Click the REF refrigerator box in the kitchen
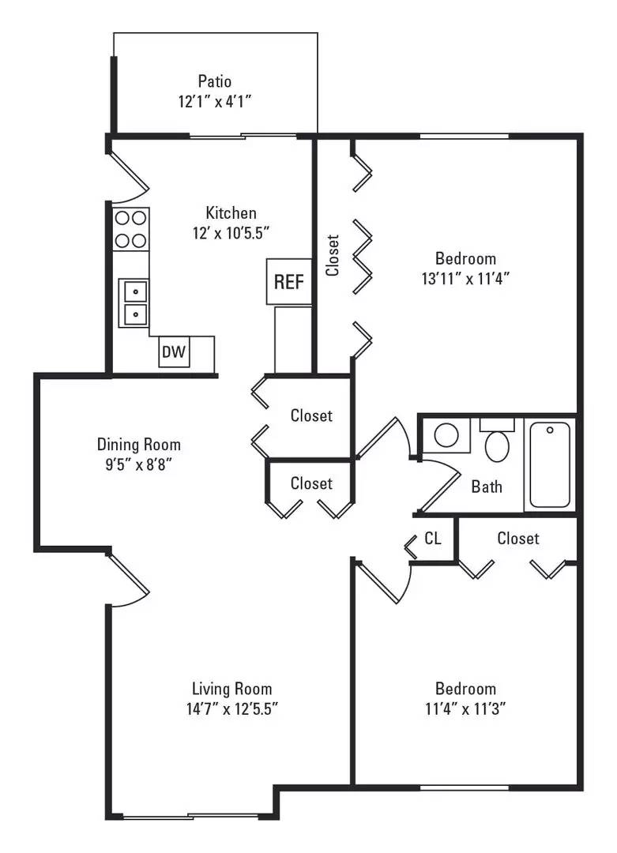[x=288, y=281]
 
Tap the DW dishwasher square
[x=173, y=352]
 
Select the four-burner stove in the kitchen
[x=131, y=228]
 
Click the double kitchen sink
[x=134, y=302]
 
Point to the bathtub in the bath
[x=550, y=464]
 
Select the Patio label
[x=215, y=81]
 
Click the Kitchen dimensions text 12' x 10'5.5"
[x=231, y=233]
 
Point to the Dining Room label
[x=139, y=444]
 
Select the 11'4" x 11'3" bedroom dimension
[x=465, y=708]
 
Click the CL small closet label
[x=433, y=539]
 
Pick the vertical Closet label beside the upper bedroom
[x=333, y=255]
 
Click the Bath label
[x=487, y=487]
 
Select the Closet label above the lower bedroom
[x=518, y=539]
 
